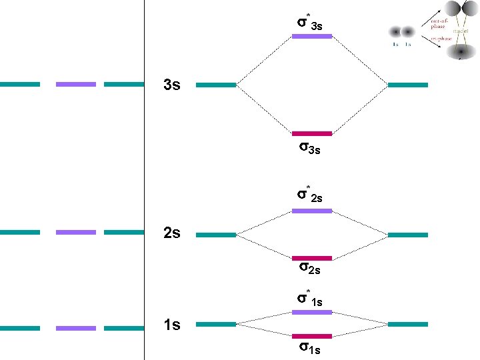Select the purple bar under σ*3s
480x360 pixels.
pos(312,36)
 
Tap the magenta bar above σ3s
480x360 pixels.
pos(312,133)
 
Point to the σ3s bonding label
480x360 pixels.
pos(309,147)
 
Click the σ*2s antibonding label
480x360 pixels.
pos(310,195)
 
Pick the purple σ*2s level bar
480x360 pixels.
pos(312,211)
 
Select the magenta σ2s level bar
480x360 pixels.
pos(312,258)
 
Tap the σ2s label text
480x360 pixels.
pos(309,269)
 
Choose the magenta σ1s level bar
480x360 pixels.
pos(312,336)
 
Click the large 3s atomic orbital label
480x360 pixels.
pos(172,86)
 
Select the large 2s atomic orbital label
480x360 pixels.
pos(172,234)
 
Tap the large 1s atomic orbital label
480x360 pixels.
pos(172,325)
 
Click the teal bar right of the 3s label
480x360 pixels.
pos(216,85)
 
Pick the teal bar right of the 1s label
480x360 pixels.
pos(216,324)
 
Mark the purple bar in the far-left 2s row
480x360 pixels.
pos(76,233)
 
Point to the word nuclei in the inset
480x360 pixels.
pos(461,31)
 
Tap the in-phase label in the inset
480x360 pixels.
pos(441,39)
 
